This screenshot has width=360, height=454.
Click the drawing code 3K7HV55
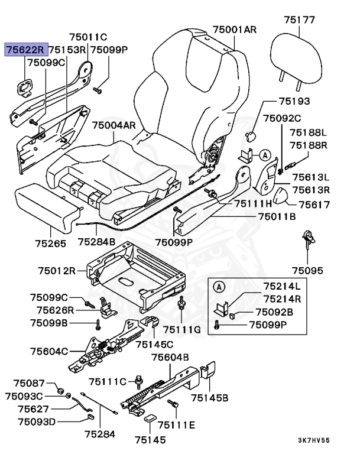point(313,440)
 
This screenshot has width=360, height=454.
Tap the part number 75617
point(314,205)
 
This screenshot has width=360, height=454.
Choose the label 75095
point(307,271)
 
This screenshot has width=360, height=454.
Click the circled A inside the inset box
point(219,287)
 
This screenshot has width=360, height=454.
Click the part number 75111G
point(182,329)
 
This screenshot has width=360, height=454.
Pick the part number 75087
point(29,384)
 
